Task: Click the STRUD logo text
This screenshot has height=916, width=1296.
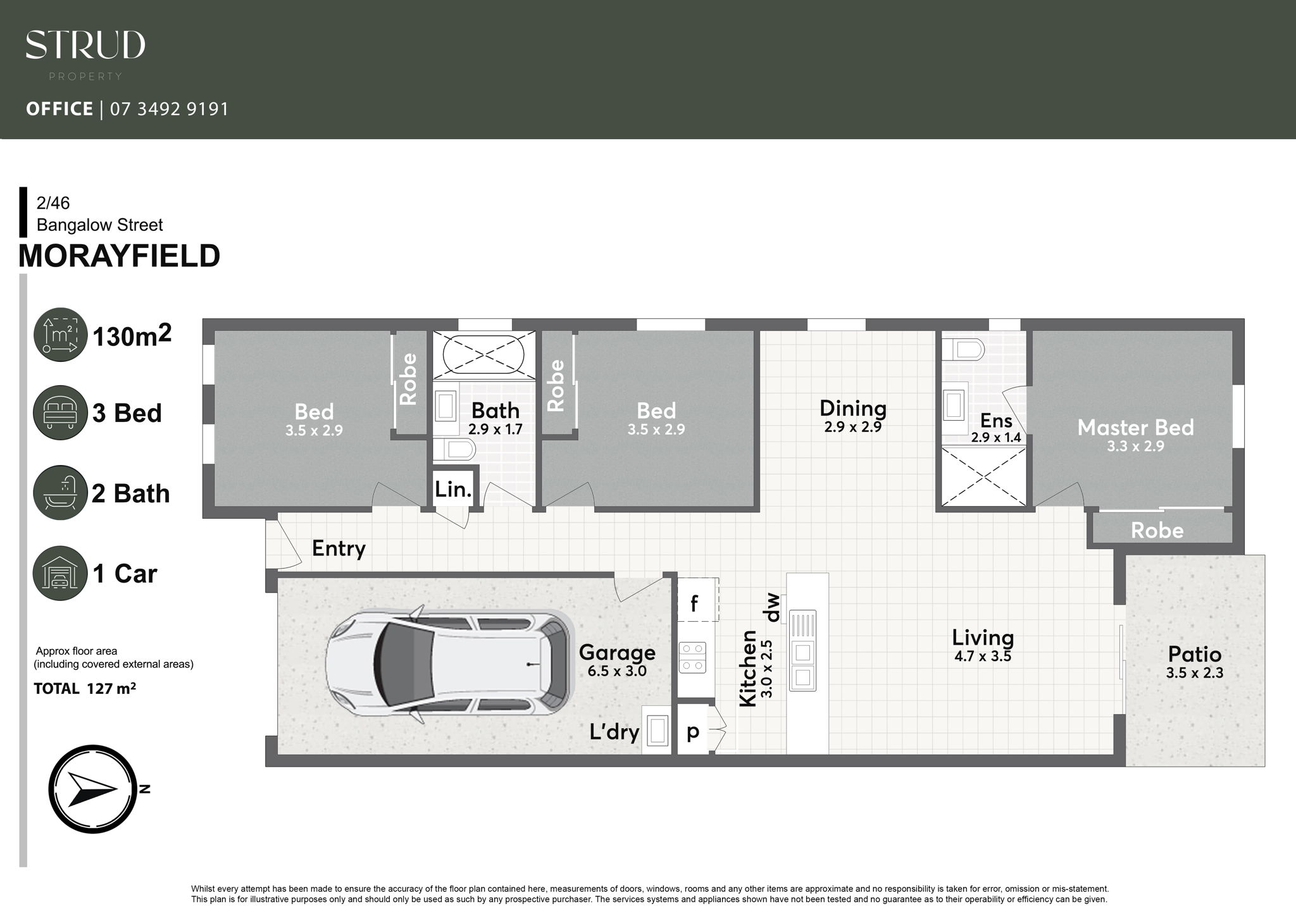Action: (85, 45)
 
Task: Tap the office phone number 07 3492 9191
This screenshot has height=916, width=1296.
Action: (169, 109)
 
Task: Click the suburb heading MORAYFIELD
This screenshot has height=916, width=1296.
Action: (119, 256)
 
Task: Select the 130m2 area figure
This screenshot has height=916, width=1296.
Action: (132, 336)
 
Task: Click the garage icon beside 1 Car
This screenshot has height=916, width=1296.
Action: (60, 573)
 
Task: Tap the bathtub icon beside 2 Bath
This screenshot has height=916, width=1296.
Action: (60, 493)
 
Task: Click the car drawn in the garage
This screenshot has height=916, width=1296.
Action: (449, 664)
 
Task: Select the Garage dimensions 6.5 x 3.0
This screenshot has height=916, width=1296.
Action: (617, 671)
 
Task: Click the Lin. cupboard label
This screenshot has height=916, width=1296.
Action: (453, 489)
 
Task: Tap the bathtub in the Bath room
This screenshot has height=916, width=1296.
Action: (483, 354)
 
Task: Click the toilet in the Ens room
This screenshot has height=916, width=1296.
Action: (963, 349)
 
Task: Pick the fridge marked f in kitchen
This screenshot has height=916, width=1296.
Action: (695, 603)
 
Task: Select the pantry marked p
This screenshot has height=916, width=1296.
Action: (693, 732)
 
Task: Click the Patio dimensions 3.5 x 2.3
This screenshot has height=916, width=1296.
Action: (1194, 673)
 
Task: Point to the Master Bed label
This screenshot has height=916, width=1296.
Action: (1135, 428)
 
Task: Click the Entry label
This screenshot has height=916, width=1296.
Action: (339, 548)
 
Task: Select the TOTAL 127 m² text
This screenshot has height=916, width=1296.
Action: (85, 689)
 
